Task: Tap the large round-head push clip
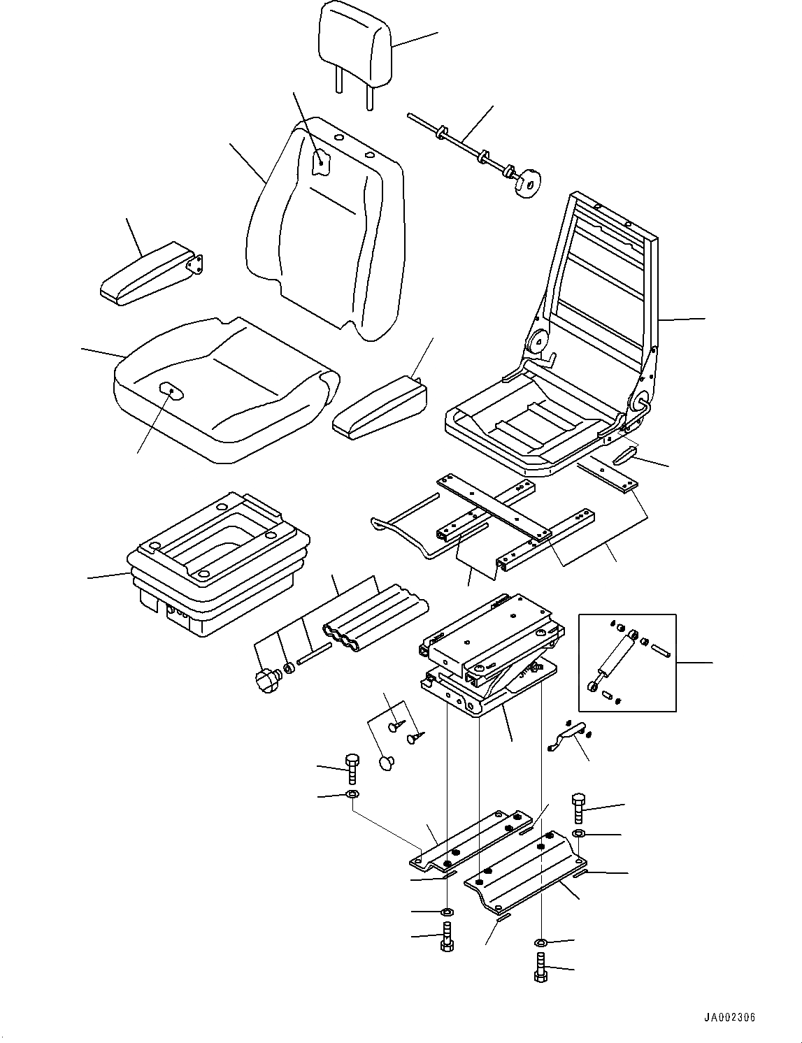point(387,763)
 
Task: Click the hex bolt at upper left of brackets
point(351,768)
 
